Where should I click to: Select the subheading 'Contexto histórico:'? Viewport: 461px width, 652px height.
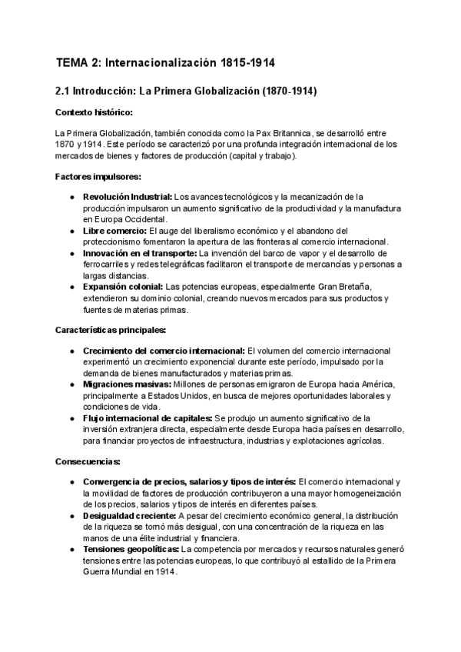88,113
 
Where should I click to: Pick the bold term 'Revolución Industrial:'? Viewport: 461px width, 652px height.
128,197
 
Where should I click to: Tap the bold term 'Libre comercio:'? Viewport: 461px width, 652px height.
114,231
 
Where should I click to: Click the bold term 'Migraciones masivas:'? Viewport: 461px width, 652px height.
127,384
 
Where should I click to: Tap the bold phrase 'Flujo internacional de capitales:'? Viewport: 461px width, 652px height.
148,417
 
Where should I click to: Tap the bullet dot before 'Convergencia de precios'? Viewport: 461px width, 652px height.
71,482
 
